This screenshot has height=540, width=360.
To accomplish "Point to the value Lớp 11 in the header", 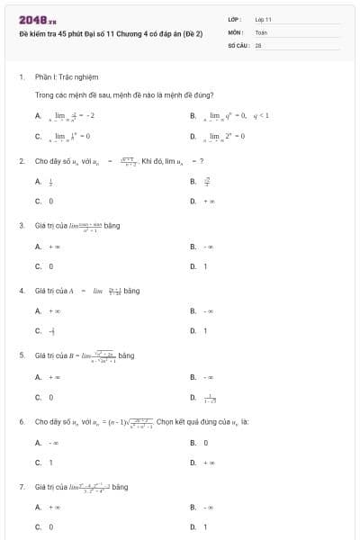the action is (263, 19).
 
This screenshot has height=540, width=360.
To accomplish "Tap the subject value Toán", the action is (261, 31).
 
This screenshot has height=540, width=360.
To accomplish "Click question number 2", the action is (21, 160).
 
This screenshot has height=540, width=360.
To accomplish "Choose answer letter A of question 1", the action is (38, 116).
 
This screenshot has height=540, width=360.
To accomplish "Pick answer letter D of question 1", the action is (193, 137).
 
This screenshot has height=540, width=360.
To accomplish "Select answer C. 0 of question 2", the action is (44, 201).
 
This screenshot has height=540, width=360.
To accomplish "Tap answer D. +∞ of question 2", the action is (199, 201).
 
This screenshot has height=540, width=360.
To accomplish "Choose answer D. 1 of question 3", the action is (198, 266).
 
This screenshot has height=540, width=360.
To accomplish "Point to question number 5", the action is (21, 355).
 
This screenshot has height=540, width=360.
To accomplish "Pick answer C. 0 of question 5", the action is (44, 397).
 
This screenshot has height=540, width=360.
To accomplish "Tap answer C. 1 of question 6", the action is (44, 463).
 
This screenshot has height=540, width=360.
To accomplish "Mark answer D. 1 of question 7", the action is (198, 526).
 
